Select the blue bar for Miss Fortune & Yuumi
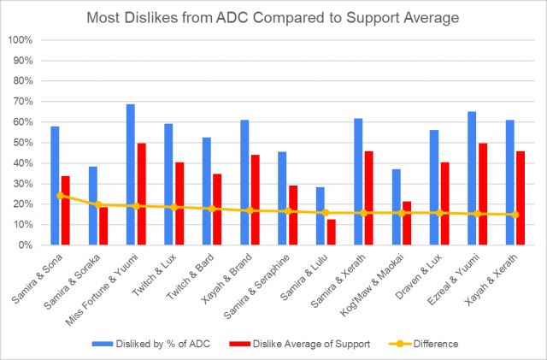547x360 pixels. (131, 174)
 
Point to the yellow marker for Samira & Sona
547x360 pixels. (60, 195)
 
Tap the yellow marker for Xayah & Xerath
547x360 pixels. (515, 215)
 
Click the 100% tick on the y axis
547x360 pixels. (21, 40)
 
